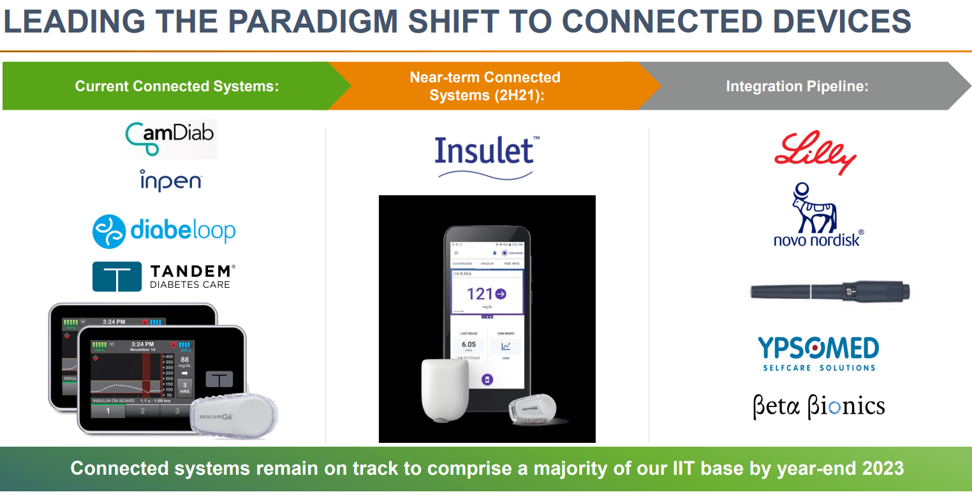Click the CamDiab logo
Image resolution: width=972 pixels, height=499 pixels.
click(x=170, y=138)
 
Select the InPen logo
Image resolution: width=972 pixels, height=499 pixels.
click(x=171, y=181)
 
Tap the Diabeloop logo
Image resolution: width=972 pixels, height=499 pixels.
click(x=164, y=231)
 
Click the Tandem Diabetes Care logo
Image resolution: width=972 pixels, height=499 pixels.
click(x=164, y=276)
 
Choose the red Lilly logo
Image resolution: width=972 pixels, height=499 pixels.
click(x=814, y=153)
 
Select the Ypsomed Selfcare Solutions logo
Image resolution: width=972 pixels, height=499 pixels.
click(x=818, y=354)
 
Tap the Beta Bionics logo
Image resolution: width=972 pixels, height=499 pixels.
click(x=818, y=406)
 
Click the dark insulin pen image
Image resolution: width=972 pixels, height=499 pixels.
click(x=829, y=293)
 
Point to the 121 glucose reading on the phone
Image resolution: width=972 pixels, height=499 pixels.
click(x=486, y=294)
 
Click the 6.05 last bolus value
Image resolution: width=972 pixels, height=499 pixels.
click(x=468, y=345)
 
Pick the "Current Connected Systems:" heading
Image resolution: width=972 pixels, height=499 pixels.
click(x=177, y=86)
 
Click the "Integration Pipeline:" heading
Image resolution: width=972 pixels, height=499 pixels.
click(x=797, y=86)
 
